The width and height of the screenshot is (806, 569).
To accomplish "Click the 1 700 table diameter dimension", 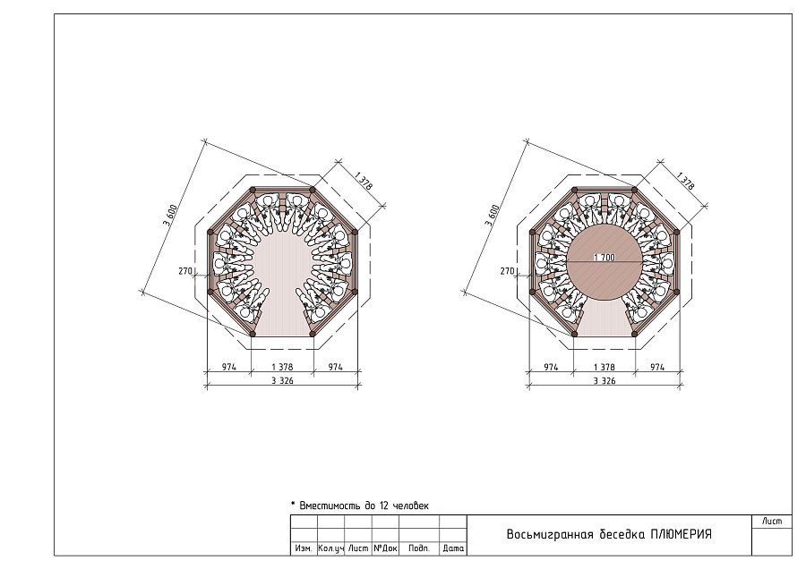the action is [x=604, y=258].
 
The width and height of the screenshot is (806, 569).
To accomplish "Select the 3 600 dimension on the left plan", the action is [x=170, y=216].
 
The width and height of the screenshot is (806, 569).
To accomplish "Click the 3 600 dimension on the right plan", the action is [x=493, y=216].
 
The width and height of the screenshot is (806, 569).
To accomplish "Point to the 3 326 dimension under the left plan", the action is [x=282, y=380].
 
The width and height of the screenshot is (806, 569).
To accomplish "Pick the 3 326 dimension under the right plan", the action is [x=604, y=380].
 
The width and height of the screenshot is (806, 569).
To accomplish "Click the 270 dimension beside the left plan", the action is [x=185, y=271].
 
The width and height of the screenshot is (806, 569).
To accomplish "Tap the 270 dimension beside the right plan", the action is [x=507, y=271].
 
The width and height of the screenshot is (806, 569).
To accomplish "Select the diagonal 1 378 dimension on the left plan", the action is [x=364, y=181].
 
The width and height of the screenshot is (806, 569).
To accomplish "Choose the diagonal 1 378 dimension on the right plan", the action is [x=685, y=181].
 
